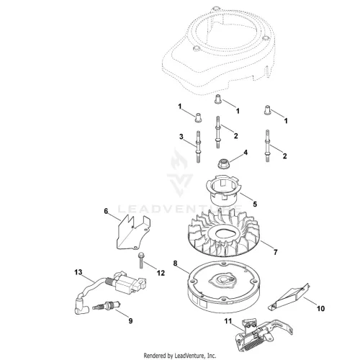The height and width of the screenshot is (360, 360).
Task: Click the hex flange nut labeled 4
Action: (x=222, y=164)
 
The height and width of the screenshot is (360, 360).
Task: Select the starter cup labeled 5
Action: (x=223, y=190)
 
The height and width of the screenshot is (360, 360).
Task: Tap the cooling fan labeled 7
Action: (x=223, y=232)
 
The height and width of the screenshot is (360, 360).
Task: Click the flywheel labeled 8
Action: (x=224, y=287)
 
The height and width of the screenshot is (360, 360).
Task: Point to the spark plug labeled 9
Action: (x=107, y=307)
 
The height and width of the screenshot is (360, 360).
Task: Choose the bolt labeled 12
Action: (x=140, y=261)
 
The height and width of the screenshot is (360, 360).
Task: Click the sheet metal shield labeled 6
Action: (x=133, y=232)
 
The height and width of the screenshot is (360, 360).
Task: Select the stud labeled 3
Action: (x=198, y=147)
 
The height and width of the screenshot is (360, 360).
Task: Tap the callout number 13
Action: (x=78, y=272)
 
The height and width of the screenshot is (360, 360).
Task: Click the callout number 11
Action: (x=228, y=321)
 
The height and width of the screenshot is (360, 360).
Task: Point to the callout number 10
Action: (x=321, y=308)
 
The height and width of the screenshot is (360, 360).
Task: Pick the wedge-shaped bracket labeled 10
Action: (x=289, y=297)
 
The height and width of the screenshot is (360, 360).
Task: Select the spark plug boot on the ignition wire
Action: (x=81, y=306)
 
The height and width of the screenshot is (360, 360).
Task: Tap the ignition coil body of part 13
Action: (x=127, y=283)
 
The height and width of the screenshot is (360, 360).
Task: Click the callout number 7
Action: (x=276, y=252)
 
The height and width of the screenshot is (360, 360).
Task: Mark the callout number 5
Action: (x=255, y=204)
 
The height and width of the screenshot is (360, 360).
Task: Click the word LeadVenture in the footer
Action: (x=186, y=356)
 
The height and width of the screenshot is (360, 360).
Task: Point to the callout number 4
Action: (x=246, y=153)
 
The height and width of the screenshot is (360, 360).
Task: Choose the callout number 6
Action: (x=106, y=211)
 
